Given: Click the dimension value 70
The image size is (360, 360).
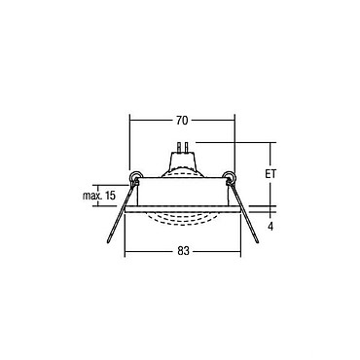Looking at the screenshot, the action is [182, 121].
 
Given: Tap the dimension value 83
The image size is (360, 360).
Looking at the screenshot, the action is [183, 251].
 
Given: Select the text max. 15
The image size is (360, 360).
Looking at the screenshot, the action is [99, 196].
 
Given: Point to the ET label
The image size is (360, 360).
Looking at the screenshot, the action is [270, 174].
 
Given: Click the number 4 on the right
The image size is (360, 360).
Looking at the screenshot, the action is [270, 227].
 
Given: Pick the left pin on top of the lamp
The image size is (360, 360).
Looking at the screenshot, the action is [178, 148].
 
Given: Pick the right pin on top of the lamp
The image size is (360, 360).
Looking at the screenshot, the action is [186, 148].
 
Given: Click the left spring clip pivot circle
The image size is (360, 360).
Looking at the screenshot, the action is [134, 177].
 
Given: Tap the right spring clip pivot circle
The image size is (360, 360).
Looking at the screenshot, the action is [230, 177].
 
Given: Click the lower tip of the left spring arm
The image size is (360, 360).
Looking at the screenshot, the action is [108, 242].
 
